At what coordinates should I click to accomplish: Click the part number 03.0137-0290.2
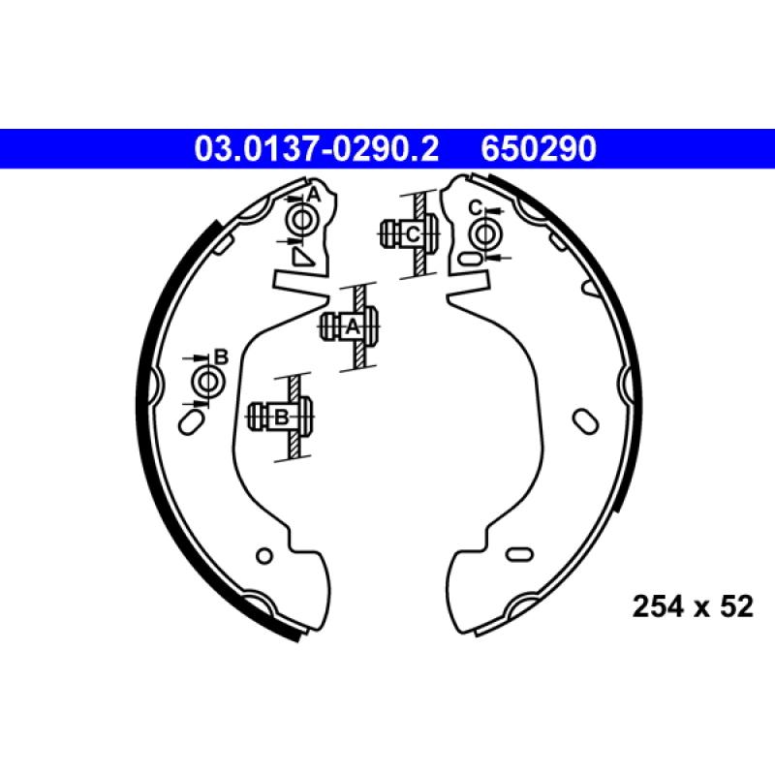[318, 149]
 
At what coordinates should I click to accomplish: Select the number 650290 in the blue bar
[538, 149]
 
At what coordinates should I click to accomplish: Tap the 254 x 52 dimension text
[693, 607]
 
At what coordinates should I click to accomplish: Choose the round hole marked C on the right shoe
[482, 232]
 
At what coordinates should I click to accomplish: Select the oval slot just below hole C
[470, 259]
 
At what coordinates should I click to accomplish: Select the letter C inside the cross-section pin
[412, 233]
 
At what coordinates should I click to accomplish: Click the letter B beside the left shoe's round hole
[220, 357]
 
